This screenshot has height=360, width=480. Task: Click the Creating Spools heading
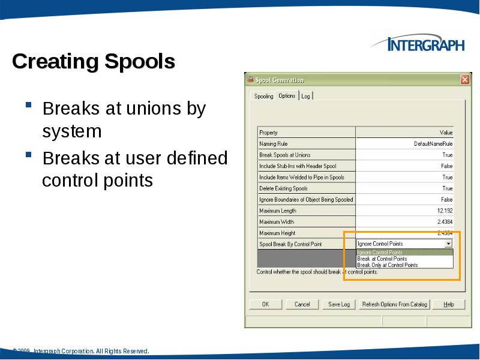[94, 61]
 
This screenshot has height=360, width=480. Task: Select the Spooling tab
[263, 96]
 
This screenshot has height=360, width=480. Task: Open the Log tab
[305, 96]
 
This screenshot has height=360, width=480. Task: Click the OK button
[265, 304]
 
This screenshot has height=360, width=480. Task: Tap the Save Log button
[339, 304]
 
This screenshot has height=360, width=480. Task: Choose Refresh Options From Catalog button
[394, 304]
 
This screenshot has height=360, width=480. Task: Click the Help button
[448, 304]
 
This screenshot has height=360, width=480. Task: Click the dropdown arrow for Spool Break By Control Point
[448, 244]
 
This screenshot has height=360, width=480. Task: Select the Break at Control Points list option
[382, 259]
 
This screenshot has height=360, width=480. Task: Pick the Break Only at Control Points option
[388, 265]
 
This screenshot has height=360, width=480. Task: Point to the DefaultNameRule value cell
[433, 144]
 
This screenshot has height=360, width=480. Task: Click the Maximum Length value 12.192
[445, 211]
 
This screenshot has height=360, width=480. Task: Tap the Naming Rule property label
[273, 144]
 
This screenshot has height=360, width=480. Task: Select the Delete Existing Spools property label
[283, 188]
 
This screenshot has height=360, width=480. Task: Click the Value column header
[446, 133]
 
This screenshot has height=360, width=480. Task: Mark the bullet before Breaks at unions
[29, 107]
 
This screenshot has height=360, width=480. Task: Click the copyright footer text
[82, 351]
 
